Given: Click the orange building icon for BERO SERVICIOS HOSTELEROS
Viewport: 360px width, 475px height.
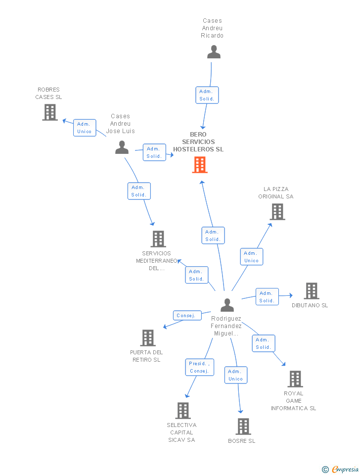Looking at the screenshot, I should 200,165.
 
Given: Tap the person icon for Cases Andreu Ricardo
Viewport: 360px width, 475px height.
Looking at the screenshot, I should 214,52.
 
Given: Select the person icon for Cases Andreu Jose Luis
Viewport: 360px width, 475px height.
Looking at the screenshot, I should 122,147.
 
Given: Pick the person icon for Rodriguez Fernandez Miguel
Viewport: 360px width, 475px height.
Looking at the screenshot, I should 227,305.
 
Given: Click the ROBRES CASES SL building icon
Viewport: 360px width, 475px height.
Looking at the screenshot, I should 50,112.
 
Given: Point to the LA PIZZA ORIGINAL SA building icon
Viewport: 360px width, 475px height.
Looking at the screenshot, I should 277,212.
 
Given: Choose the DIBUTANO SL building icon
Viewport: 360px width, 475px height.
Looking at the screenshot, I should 311,291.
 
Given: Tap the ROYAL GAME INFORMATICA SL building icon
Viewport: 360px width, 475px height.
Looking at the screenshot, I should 295,379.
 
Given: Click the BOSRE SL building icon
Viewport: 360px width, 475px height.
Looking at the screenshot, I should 243,427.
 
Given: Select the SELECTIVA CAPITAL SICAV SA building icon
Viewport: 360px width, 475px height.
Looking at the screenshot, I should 183,411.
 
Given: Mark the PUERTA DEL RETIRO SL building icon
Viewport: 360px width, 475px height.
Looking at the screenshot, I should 148,338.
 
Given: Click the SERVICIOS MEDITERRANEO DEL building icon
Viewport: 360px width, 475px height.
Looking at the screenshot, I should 158,239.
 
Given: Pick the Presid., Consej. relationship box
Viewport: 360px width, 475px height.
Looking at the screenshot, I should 199,367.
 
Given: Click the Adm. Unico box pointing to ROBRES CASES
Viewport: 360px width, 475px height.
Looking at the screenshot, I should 85,128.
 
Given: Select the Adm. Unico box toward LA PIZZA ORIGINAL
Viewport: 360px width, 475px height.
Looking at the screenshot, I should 252,257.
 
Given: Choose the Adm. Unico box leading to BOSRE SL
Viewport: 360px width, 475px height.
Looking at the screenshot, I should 236,375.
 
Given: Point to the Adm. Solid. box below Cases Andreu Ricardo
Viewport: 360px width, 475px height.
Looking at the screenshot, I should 207,95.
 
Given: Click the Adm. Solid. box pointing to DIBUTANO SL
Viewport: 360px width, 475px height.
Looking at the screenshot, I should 267,297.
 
